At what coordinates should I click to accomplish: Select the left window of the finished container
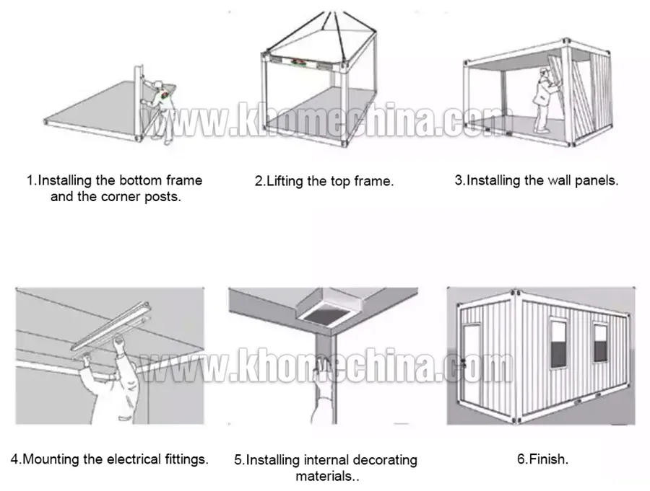point(558,342)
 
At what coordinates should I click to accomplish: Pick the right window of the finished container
point(600,342)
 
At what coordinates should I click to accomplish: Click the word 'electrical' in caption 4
point(134,459)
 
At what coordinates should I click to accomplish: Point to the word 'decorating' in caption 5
point(381,460)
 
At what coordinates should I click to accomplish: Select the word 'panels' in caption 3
point(595,180)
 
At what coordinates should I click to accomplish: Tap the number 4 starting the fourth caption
point(14,459)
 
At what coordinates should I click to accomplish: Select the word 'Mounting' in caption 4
point(51,459)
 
